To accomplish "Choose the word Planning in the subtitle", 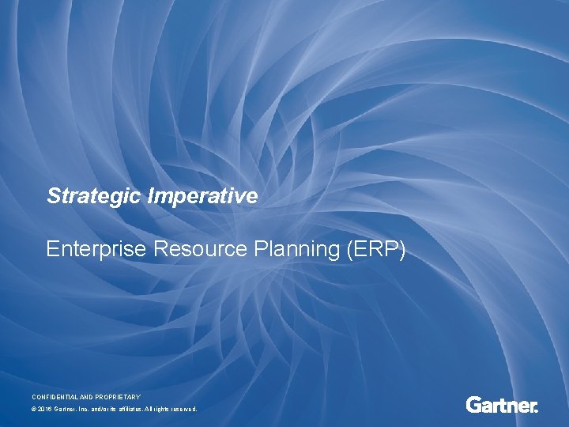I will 299,249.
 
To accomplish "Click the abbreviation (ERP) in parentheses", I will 376,249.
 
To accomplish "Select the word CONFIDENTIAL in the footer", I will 56,396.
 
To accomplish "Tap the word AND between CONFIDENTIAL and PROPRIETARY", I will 89,396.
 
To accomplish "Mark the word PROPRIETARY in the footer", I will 119,396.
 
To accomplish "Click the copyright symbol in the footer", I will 34,410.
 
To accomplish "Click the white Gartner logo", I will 502,406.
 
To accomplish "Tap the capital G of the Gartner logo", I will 473,406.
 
